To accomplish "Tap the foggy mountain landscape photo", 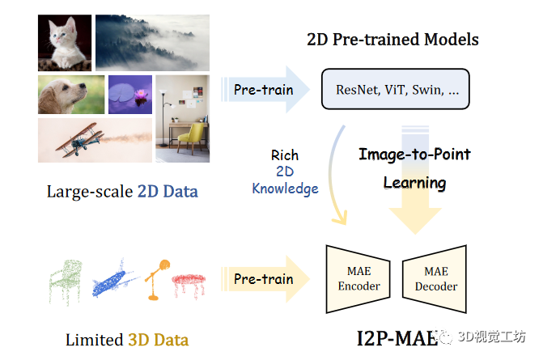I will [152, 42].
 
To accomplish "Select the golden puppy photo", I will [70, 95].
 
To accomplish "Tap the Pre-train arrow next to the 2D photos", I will [263, 89].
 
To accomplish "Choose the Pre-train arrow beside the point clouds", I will [263, 278].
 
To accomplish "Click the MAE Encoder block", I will [358, 279].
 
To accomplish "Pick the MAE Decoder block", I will [435, 279].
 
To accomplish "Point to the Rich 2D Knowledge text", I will [285, 172].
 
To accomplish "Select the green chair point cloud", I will [66, 279].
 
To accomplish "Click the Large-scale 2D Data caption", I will [121, 192].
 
